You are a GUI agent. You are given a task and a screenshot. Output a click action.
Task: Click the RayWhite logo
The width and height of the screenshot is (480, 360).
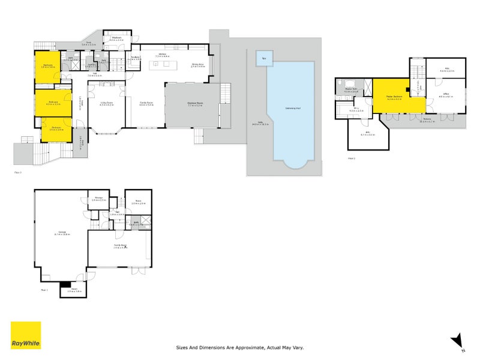[26, 335]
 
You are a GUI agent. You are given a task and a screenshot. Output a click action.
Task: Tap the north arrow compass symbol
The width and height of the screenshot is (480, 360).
[457, 340]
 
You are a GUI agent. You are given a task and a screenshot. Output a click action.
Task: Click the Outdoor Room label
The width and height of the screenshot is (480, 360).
[196, 103]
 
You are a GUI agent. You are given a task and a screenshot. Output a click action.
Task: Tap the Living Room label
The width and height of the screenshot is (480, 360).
[107, 103]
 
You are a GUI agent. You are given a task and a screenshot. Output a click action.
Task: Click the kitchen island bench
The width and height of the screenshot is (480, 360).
[161, 64]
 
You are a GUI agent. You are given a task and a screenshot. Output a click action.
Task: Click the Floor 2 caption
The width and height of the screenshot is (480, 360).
[352, 158]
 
